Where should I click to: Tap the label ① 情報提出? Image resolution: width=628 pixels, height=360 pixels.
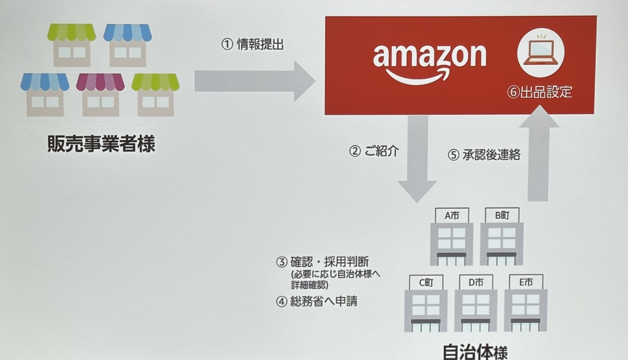pyautogui.click(x=252, y=45)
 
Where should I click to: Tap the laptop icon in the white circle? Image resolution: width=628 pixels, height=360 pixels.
pyautogui.click(x=540, y=53)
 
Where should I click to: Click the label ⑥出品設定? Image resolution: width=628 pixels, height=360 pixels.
pyautogui.click(x=539, y=93)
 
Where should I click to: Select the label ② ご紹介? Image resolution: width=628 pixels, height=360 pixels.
pyautogui.click(x=374, y=151)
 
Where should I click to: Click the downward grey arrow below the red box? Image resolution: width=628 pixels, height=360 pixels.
pyautogui.click(x=417, y=157)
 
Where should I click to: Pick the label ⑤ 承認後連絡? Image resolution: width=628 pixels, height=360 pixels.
pyautogui.click(x=484, y=155)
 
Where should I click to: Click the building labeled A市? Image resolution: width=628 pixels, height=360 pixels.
pyautogui.click(x=451, y=238)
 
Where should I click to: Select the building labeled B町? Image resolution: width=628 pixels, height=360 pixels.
pyautogui.click(x=501, y=238)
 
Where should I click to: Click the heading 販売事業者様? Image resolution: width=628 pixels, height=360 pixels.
pyautogui.click(x=101, y=144)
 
